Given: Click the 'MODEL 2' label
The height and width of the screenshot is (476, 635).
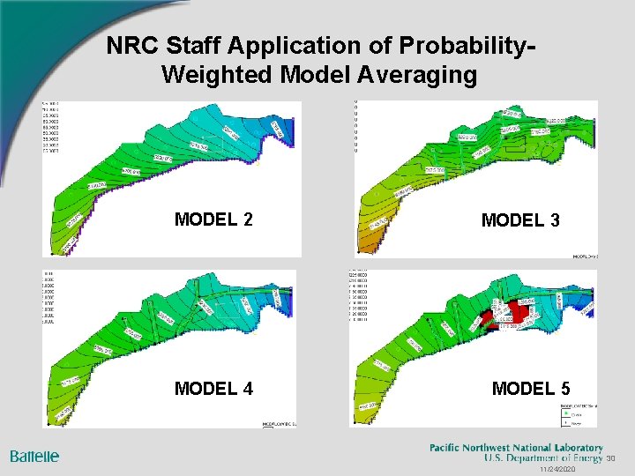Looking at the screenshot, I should click(213, 219).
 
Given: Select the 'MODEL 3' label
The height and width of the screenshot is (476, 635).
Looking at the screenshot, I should click(519, 220).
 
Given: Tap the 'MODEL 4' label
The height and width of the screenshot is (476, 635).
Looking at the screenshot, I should click(213, 388).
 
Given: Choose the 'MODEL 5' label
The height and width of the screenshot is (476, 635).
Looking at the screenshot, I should click(531, 388).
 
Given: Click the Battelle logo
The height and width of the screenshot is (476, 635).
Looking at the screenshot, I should click(35, 456).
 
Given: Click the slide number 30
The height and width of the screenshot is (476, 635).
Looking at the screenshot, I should click(610, 459).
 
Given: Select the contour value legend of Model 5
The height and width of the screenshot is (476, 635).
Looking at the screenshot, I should click(362, 295).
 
